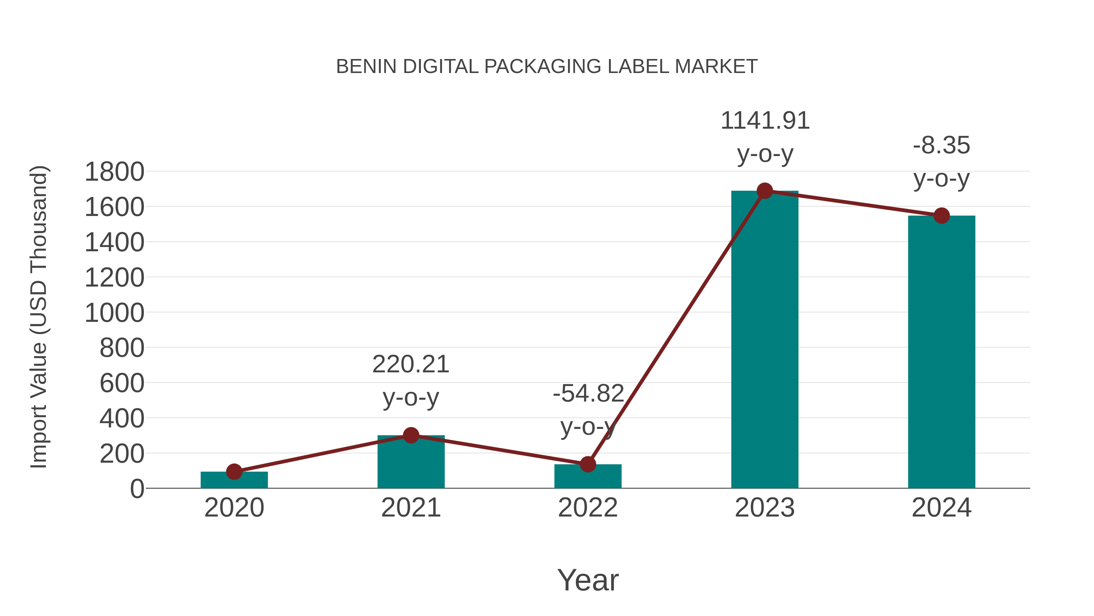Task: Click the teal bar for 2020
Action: [x=234, y=480]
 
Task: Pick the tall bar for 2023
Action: [x=765, y=340]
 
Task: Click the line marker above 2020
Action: [x=234, y=472]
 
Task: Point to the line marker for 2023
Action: [x=765, y=191]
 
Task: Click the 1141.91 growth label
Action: [x=765, y=121]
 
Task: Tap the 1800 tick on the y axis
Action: [x=114, y=172]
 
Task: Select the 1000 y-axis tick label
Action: [x=114, y=313]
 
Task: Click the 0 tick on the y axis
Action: [x=137, y=489]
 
